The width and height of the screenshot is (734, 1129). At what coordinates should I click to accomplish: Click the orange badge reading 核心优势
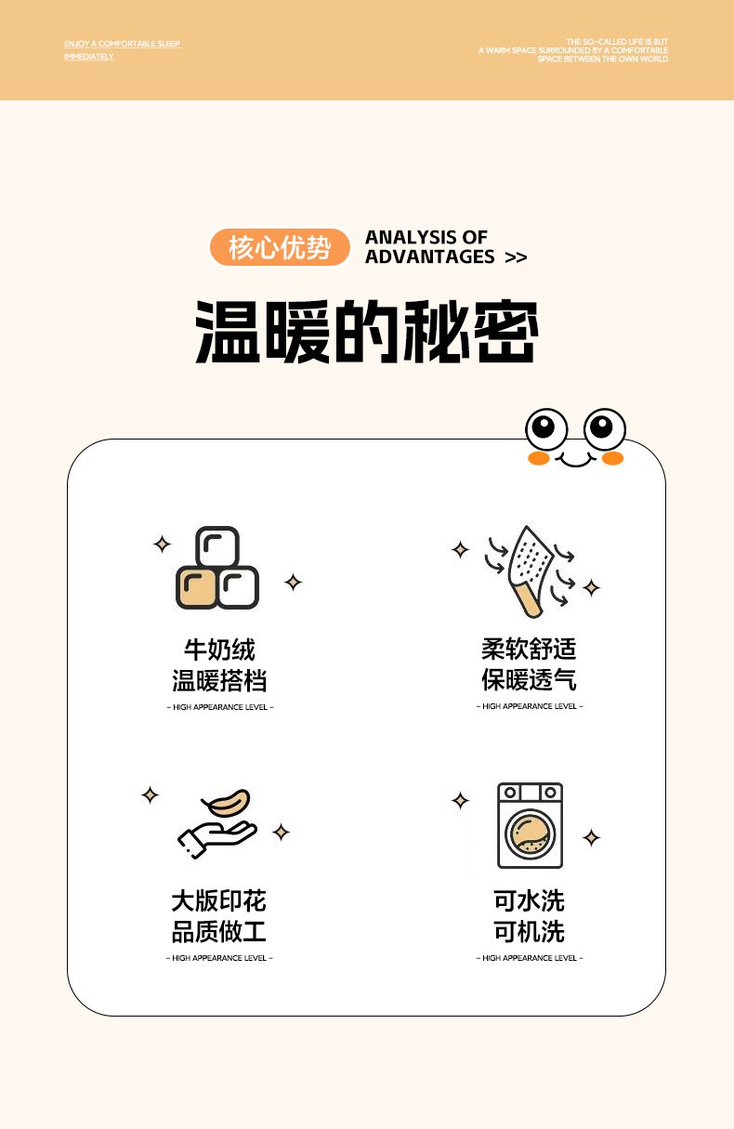point(280,247)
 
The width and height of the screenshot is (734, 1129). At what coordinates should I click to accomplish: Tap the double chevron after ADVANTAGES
point(516,257)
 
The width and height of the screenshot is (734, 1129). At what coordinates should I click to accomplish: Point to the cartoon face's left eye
point(546,429)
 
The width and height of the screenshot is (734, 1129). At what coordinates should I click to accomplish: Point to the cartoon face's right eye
point(605,429)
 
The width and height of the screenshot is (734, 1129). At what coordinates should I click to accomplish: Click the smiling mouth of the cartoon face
point(575,460)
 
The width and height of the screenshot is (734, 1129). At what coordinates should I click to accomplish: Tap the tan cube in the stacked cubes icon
point(197,587)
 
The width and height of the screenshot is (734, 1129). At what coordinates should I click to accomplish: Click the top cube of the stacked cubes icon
point(217,547)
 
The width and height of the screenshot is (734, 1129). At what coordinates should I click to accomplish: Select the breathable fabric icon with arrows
point(531,571)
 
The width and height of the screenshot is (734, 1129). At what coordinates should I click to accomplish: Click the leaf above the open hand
point(227,803)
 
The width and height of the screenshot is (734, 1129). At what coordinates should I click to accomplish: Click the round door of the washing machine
point(530,834)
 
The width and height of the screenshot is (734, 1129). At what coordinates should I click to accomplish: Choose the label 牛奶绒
point(219,650)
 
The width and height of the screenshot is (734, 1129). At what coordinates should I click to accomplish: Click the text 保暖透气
point(529,679)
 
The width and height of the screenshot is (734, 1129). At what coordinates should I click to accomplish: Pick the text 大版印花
point(218,900)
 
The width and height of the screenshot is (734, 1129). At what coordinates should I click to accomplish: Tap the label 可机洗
point(529,931)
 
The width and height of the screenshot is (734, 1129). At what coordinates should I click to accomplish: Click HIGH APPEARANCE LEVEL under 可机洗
point(530,958)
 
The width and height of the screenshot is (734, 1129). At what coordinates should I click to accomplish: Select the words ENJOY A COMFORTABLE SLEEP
point(122,44)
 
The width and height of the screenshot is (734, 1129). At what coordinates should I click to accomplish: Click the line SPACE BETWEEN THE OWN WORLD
point(602,59)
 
